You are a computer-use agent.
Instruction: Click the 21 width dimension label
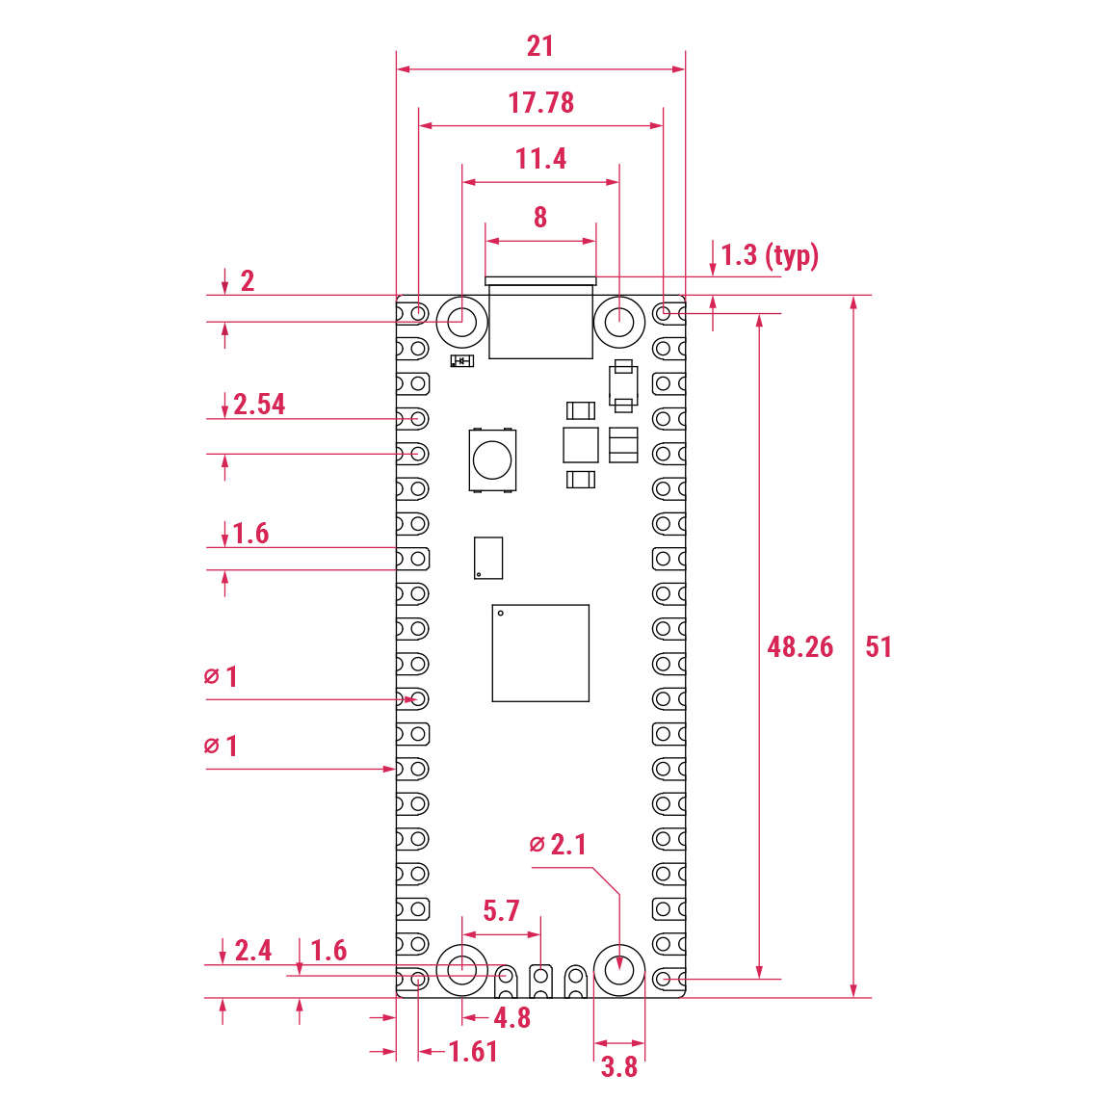click(540, 46)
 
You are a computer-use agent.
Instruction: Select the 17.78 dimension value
click(540, 102)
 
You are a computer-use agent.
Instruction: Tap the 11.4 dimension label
click(540, 159)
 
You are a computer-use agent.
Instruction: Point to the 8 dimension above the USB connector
click(540, 217)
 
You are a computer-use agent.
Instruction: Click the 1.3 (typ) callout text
click(770, 255)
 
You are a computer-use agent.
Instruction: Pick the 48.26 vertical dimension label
click(800, 646)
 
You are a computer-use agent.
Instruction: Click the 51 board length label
click(878, 646)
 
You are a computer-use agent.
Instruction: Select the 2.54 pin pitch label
click(259, 405)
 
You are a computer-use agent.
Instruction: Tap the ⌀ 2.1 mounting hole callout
click(558, 844)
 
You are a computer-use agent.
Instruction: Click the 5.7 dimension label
click(501, 910)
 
